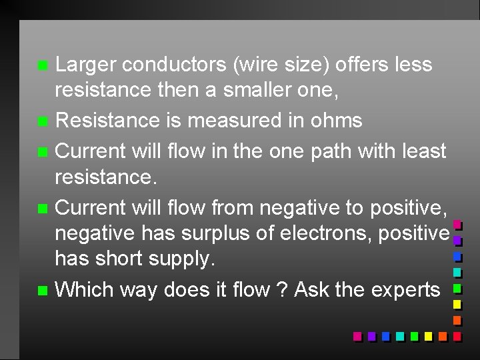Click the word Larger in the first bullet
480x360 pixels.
point(85,65)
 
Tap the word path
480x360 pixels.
point(334,151)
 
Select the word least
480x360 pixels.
point(421,151)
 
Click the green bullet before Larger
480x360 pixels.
point(42,66)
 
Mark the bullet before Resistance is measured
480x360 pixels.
point(42,122)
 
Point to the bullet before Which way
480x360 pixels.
point(42,291)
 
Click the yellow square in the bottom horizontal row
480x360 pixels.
point(427,336)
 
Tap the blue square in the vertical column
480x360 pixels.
point(457,256)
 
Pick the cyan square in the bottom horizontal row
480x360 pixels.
point(399,336)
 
